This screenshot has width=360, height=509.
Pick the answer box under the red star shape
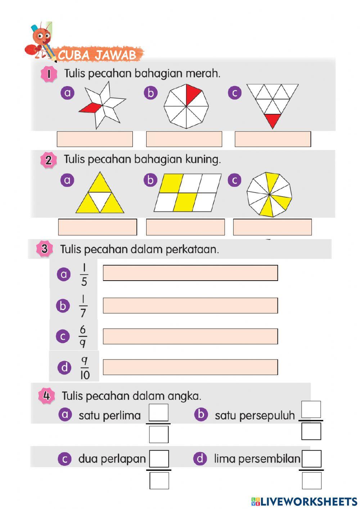pos(95,139)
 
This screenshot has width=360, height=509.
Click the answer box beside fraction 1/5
pos(190,273)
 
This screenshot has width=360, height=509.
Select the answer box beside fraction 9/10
pos(190,367)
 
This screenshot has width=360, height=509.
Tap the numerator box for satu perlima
pos(158,412)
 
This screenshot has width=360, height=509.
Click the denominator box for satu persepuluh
pos(311,431)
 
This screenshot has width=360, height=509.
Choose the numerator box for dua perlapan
pos(159,459)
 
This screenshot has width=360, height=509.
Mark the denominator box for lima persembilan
pos(311,481)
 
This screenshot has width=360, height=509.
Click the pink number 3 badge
pos(45,249)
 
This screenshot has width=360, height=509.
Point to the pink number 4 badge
pos(46,396)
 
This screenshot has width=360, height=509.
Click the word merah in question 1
pos(203,73)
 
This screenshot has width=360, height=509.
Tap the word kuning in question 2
pos(203,159)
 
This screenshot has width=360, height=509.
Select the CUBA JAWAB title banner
pos(97,55)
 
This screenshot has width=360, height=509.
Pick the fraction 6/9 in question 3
pos(83,336)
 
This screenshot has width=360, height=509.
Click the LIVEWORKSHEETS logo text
pos(308,501)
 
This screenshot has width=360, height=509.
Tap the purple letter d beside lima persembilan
pos(200,459)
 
